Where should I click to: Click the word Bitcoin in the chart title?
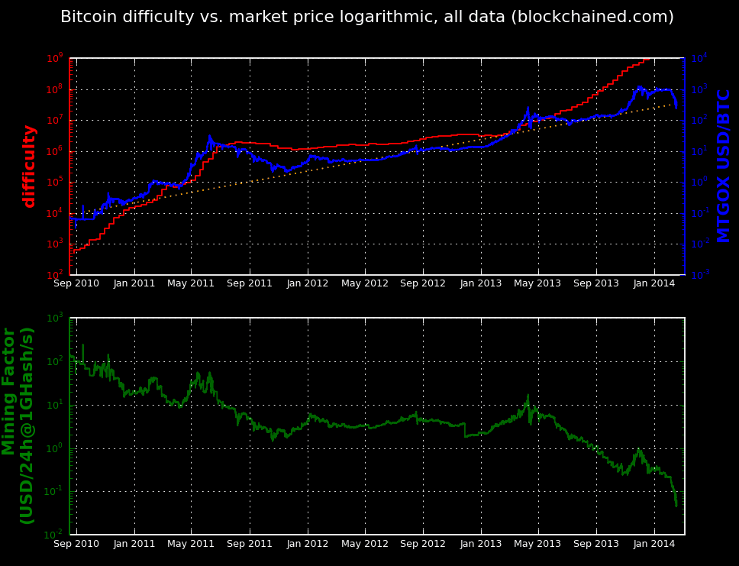(85, 17)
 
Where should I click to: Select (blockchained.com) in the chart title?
(593, 17)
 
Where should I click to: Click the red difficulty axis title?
(30, 167)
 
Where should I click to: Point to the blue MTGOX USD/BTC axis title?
(724, 167)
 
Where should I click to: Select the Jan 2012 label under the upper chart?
(308, 283)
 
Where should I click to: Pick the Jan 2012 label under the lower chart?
(308, 543)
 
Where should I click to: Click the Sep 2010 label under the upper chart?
(76, 283)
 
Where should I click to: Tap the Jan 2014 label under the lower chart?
(654, 543)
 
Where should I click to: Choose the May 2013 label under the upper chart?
(538, 283)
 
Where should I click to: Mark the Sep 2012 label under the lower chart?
(423, 543)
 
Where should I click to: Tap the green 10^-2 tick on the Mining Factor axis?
(55, 534)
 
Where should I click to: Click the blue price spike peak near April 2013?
(528, 108)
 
